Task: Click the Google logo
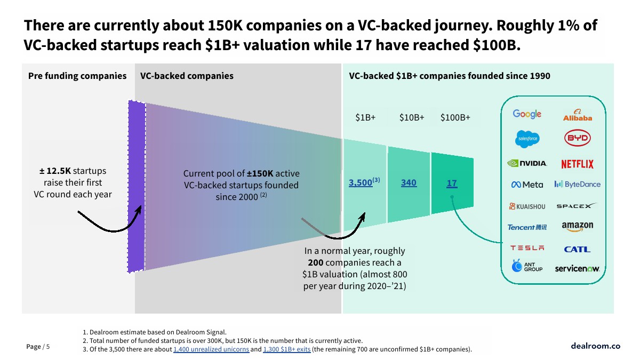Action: click(527, 114)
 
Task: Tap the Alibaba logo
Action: click(578, 115)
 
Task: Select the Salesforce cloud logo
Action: click(527, 139)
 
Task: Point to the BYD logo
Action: click(578, 139)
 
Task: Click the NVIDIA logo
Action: click(527, 163)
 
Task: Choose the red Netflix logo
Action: click(577, 164)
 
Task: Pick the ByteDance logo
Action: click(578, 185)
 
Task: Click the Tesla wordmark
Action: click(527, 248)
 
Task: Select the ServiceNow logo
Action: click(578, 269)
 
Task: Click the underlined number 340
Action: click(409, 183)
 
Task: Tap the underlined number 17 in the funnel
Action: click(452, 183)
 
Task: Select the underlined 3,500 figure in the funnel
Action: click(361, 183)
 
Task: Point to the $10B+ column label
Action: click(412, 118)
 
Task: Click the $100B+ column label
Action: click(455, 118)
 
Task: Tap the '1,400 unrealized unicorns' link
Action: click(211, 349)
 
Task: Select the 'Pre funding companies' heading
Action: click(77, 76)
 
